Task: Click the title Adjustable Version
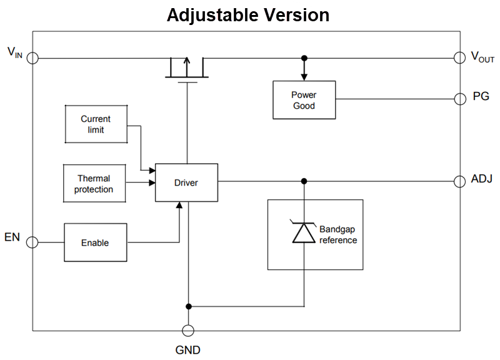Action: point(248,14)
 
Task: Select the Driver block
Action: point(186,182)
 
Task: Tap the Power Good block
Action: point(304,100)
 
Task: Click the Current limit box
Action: point(96,124)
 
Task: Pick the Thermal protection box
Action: point(94,184)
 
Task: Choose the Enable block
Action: point(95,242)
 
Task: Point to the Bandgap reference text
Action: point(338,235)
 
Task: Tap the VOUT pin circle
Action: point(459,57)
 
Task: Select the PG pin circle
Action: point(459,99)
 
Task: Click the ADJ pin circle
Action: point(459,181)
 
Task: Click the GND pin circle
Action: point(187,331)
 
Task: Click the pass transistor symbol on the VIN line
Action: point(186,69)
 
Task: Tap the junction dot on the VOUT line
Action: point(304,57)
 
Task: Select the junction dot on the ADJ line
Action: point(304,181)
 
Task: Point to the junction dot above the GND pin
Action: point(187,306)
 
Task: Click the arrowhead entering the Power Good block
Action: point(304,77)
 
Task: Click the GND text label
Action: point(187,350)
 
